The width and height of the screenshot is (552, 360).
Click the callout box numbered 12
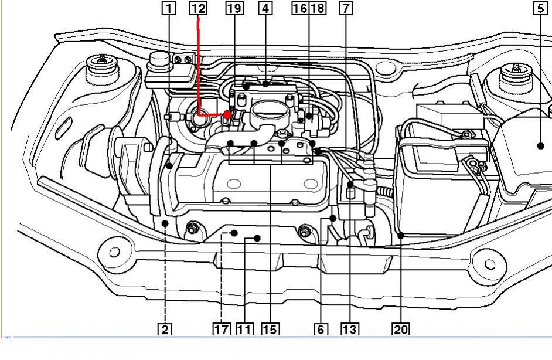point(198,8)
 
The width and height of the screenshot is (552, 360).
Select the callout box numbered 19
point(234,8)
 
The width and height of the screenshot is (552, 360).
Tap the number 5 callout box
point(541,8)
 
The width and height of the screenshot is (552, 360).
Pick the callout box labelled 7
point(346,8)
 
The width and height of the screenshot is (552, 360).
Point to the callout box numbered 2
point(165,330)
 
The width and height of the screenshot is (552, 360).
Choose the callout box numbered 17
point(222,330)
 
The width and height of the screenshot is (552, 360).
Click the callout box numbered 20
point(401,330)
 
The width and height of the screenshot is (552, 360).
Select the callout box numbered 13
point(350,330)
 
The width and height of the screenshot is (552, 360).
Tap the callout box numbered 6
point(321,330)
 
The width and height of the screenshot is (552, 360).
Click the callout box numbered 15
point(270,330)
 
